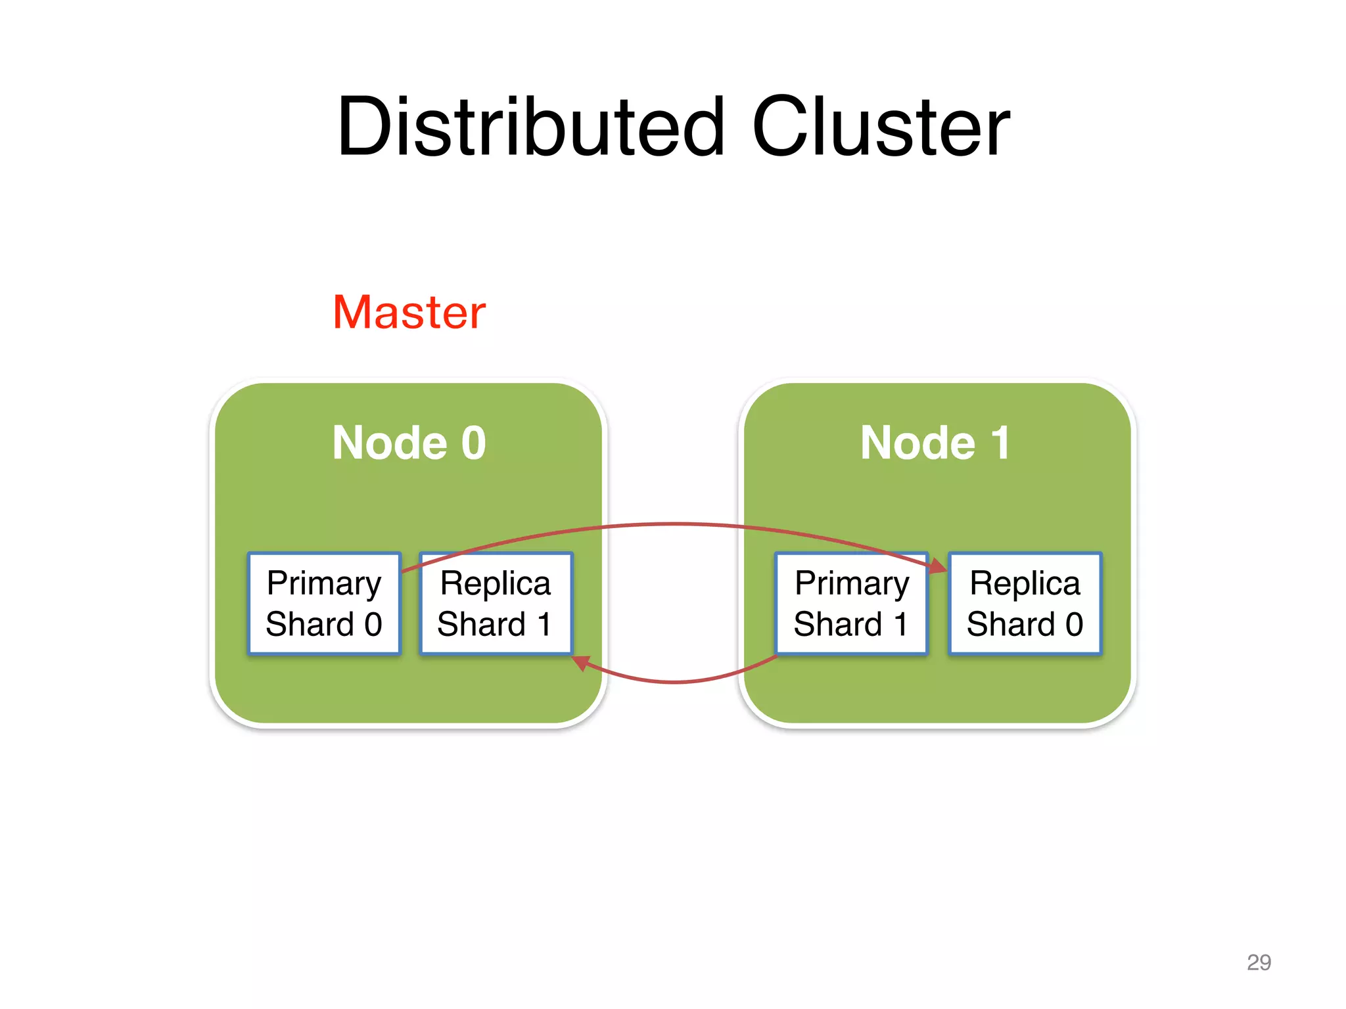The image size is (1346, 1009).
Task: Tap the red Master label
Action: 409,312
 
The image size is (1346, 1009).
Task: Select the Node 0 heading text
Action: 409,443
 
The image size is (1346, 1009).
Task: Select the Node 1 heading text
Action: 935,443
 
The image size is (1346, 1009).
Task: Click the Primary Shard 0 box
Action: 324,603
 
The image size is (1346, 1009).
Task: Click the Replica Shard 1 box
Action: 496,603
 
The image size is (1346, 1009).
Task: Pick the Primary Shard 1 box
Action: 852,603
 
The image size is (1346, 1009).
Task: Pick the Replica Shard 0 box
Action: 1025,603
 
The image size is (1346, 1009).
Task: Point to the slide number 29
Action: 1258,962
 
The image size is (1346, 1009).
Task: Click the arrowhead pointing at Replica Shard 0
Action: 938,566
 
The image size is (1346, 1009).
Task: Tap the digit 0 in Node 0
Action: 473,443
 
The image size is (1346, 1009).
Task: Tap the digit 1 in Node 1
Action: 1000,443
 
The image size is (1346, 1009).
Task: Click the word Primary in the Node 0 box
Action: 324,583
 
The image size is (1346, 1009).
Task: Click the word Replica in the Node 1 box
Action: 1025,583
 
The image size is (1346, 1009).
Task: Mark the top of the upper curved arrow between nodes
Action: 675,524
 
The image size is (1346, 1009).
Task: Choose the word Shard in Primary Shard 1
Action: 837,624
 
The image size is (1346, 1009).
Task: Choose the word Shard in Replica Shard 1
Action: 481,624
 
